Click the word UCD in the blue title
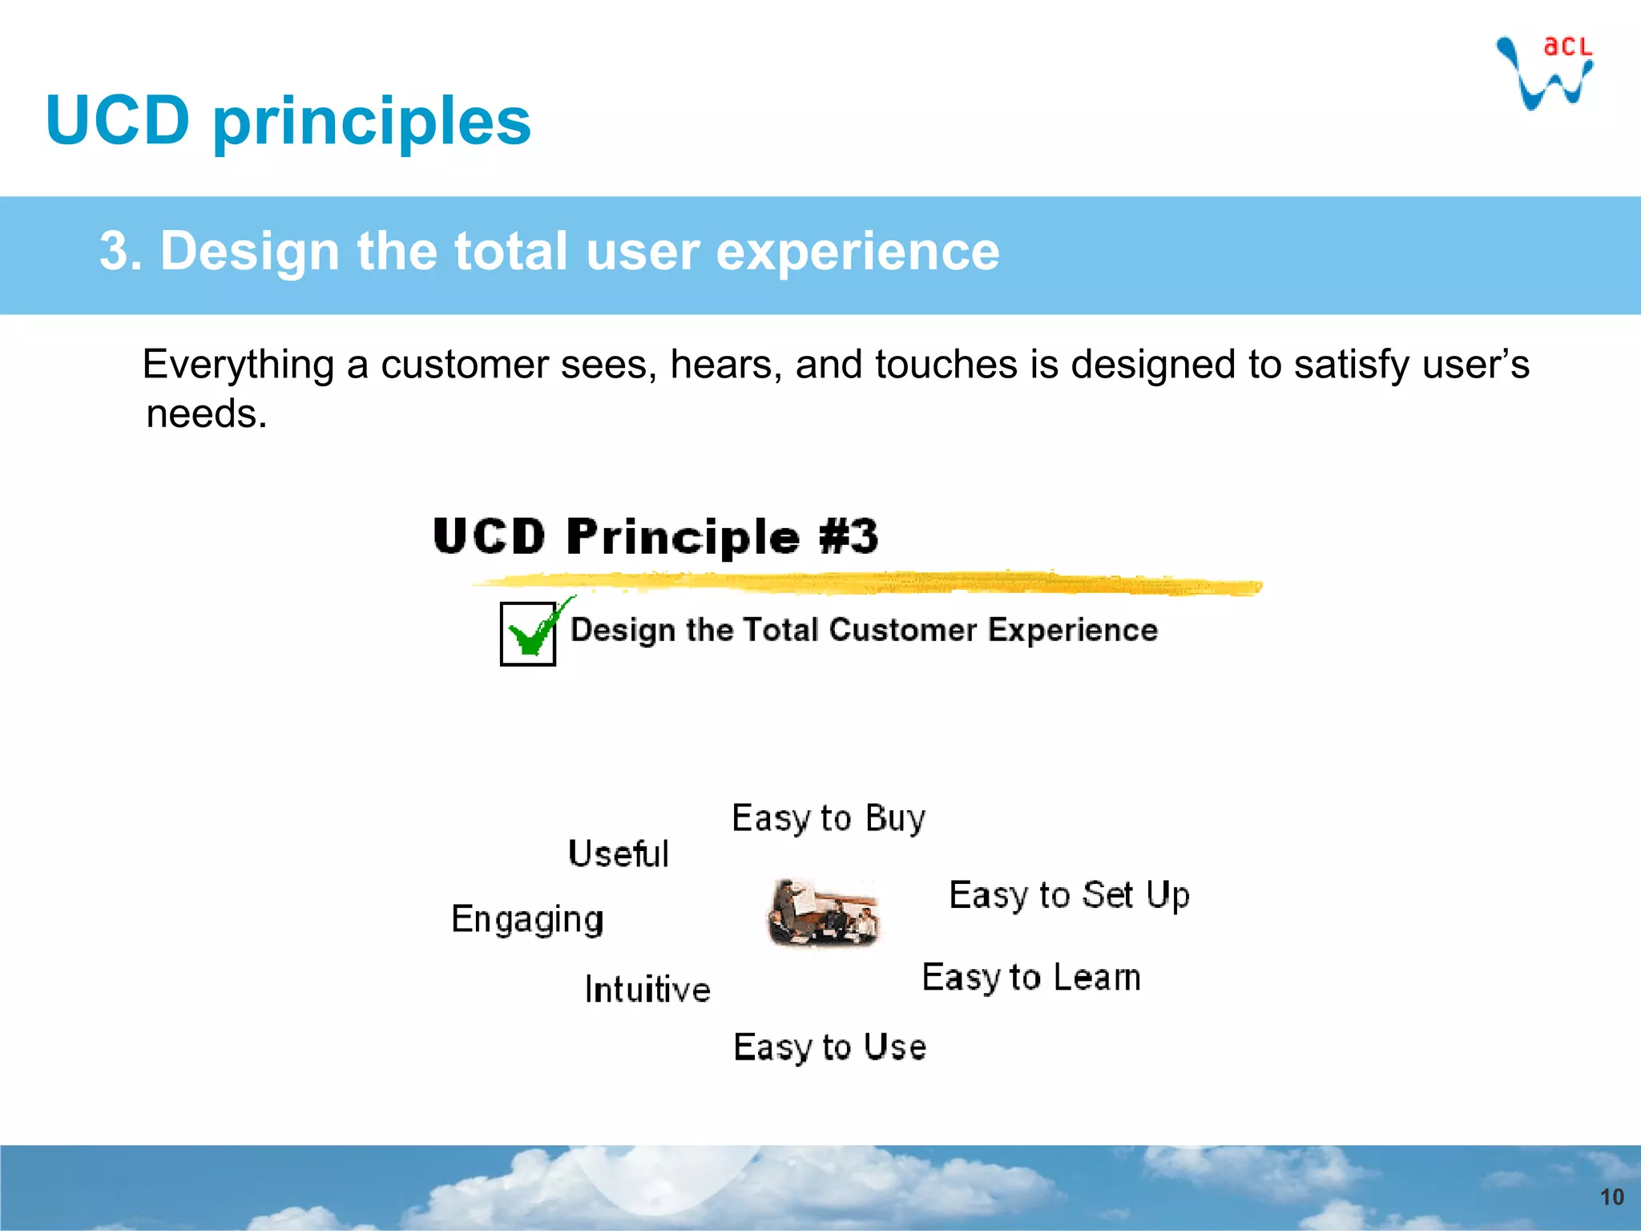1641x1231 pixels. (x=118, y=120)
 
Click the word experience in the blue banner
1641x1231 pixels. (x=857, y=252)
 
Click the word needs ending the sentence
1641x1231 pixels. (x=205, y=414)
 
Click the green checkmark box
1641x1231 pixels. (x=528, y=633)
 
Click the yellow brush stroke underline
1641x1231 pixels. (x=865, y=583)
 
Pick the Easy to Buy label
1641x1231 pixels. (x=829, y=818)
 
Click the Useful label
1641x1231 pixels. (x=618, y=854)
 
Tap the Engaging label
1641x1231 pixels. (x=526, y=919)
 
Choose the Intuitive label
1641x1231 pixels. (x=647, y=989)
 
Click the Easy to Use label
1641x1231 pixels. (x=829, y=1047)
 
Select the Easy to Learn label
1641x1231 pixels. (x=1030, y=978)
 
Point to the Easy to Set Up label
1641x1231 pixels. (x=1069, y=895)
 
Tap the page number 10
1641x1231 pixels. (x=1611, y=1197)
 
